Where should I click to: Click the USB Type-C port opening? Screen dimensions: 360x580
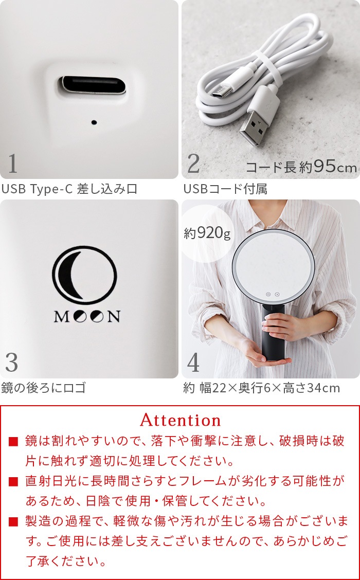(x=93, y=85)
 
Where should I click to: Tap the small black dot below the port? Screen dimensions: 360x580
(x=94, y=122)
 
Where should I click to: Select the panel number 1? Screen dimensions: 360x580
(x=12, y=164)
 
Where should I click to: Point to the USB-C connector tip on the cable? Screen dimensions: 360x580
(x=221, y=91)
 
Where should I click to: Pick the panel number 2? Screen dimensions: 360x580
(x=193, y=164)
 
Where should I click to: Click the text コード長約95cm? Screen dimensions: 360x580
(x=301, y=168)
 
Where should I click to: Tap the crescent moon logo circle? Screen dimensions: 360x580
(x=85, y=275)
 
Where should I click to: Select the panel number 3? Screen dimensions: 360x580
(x=12, y=363)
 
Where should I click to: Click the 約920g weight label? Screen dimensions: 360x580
(x=207, y=233)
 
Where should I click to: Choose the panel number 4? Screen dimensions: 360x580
(x=193, y=363)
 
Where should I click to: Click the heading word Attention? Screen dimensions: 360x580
(x=181, y=420)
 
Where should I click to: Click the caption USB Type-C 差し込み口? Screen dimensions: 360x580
(x=69, y=189)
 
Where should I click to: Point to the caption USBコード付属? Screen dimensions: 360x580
(x=225, y=189)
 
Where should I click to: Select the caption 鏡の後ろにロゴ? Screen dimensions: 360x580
(x=44, y=388)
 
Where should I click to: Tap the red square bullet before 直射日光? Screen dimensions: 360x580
(x=13, y=482)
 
